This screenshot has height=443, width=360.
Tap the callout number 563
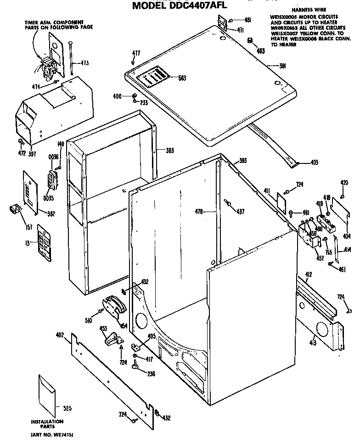(182, 78)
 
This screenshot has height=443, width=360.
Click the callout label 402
(60, 335)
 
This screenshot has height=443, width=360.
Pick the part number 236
(150, 373)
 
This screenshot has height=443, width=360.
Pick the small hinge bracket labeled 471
(223, 22)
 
